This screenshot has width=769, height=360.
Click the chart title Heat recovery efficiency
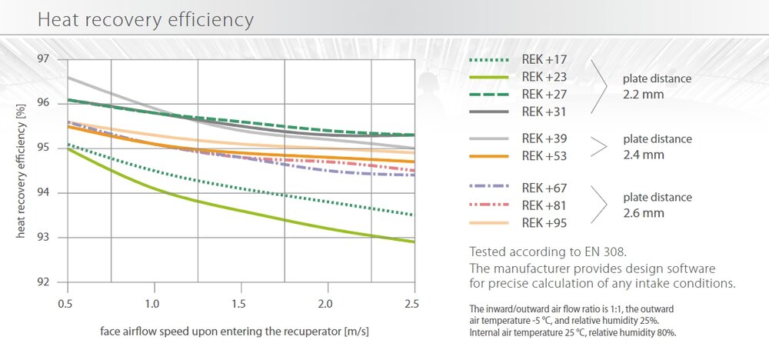click(x=145, y=19)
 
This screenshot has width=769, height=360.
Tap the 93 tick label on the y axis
click(x=43, y=238)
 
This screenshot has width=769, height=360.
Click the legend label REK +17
click(x=544, y=59)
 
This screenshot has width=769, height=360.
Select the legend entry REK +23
click(x=544, y=76)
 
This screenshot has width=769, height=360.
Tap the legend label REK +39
click(x=544, y=139)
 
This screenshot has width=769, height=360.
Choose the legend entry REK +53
click(x=544, y=156)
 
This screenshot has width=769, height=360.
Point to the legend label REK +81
click(x=544, y=205)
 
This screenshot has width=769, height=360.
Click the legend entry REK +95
click(x=544, y=222)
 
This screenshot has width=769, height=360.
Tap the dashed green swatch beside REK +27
click(x=489, y=94)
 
